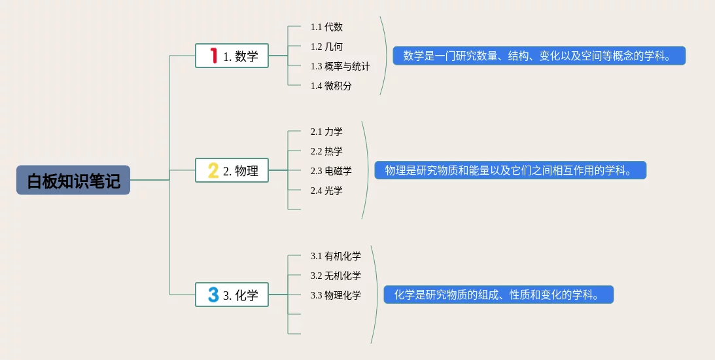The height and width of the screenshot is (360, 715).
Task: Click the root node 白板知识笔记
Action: [73, 180]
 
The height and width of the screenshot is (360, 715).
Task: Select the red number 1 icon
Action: [213, 56]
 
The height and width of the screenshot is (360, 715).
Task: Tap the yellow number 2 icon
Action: [213, 171]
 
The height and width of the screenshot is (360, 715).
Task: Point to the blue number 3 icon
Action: [213, 295]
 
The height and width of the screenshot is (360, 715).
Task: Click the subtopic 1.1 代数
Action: [326, 27]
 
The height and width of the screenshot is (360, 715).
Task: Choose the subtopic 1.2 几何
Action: [326, 46]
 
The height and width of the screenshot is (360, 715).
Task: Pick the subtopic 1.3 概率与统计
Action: [340, 66]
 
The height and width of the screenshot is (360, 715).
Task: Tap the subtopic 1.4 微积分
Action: [331, 86]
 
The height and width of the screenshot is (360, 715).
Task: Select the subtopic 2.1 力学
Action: [326, 132]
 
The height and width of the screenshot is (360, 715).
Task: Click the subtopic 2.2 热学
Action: [326, 151]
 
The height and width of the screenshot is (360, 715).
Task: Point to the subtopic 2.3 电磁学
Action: [331, 171]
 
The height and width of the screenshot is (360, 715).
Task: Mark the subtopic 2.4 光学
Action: [326, 190]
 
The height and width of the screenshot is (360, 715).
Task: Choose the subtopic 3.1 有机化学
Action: [336, 256]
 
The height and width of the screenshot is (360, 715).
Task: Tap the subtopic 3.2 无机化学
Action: [336, 276]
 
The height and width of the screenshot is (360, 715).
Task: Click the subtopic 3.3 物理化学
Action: [336, 295]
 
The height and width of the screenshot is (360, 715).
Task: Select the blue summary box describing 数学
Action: [539, 56]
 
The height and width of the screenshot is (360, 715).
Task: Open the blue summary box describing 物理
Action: [510, 171]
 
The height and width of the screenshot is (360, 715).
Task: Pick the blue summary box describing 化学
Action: [498, 295]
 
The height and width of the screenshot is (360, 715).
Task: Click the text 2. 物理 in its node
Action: [241, 171]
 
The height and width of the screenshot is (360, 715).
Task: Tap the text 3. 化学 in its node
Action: [241, 295]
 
